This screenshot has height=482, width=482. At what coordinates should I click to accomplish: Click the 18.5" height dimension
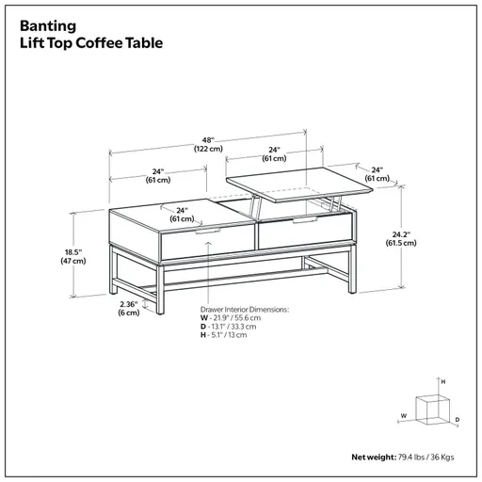tap(73, 251)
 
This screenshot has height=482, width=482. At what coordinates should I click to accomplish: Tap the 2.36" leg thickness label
tap(128, 304)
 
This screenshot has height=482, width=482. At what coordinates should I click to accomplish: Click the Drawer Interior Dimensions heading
tap(244, 309)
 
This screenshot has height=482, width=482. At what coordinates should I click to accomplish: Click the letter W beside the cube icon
tap(402, 413)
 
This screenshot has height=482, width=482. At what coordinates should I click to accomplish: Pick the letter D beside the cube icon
tap(457, 419)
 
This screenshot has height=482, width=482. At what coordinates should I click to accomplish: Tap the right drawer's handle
tap(303, 219)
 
